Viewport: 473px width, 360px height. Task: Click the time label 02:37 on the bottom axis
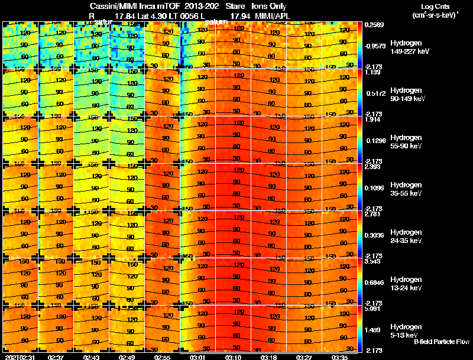click(57, 357)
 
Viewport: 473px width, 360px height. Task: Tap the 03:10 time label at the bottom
click(234, 357)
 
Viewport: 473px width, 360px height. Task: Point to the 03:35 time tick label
click(340, 357)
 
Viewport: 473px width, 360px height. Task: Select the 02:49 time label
click(128, 357)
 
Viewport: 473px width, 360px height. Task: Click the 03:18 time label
click(269, 357)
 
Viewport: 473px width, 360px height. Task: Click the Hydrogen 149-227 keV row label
click(406, 47)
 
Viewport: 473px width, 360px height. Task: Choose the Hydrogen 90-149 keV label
click(405, 95)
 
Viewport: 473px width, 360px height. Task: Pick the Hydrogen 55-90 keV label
click(405, 142)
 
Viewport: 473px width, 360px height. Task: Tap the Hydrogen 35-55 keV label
click(405, 189)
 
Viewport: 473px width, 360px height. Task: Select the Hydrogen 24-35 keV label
click(405, 236)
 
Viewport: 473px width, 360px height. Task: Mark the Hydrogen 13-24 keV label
click(405, 284)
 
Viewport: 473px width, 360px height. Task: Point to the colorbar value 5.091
click(374, 309)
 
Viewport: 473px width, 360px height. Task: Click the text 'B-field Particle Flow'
click(441, 342)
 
